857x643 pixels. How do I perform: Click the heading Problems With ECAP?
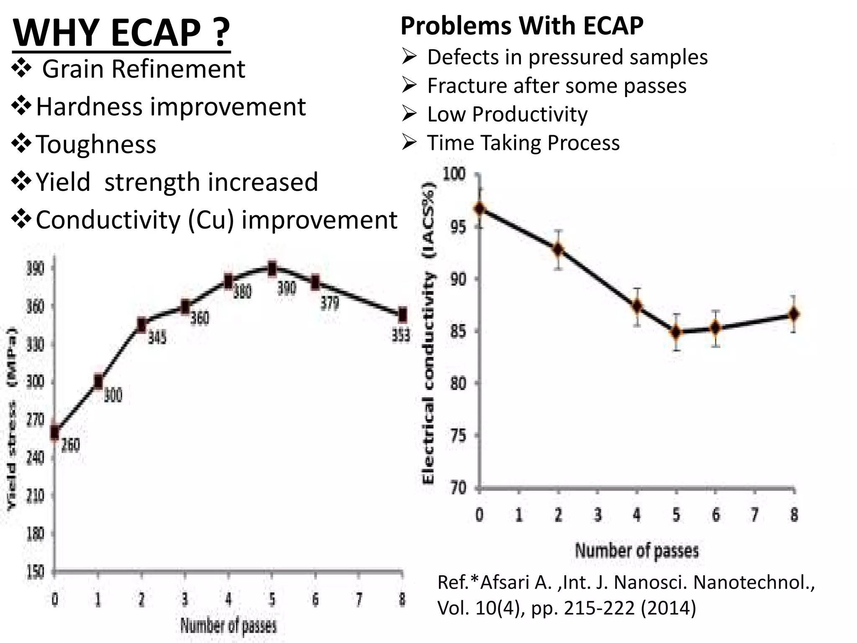[521, 26]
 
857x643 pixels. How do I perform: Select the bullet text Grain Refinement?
[143, 69]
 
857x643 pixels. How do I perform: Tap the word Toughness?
[96, 144]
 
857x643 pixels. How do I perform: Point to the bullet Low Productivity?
[507, 114]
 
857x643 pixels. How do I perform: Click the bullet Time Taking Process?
[523, 143]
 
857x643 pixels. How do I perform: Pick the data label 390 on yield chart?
[287, 288]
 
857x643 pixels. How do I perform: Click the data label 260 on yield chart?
[70, 445]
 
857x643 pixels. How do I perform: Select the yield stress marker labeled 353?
[402, 314]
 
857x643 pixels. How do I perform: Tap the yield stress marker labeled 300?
[98, 381]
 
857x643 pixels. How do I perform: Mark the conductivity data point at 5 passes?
[676, 332]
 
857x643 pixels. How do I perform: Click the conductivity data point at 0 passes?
[480, 208]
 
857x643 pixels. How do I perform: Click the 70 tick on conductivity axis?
[458, 488]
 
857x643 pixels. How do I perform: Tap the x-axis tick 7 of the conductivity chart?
[755, 514]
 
